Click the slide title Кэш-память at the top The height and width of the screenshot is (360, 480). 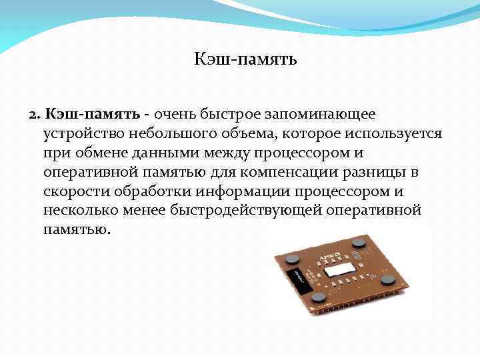[245, 60]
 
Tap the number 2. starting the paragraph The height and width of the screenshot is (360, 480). [35, 116]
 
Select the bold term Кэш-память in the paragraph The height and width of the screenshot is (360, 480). [93, 116]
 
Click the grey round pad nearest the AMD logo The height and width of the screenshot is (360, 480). [359, 242]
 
